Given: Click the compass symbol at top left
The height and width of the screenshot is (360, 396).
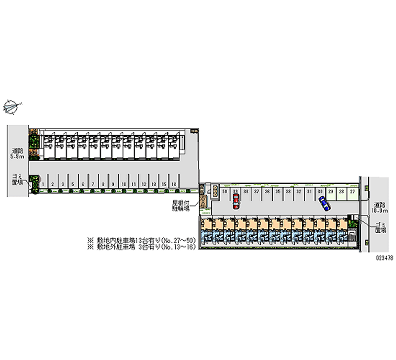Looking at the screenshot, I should pyautogui.click(x=11, y=105).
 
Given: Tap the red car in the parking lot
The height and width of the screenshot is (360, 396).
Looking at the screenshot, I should pyautogui.click(x=236, y=200).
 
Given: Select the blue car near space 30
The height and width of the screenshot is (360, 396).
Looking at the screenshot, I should pyautogui.click(x=324, y=203).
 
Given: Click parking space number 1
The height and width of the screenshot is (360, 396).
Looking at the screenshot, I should pyautogui.click(x=44, y=184).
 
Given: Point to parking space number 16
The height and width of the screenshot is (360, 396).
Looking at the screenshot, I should pyautogui.click(x=174, y=184).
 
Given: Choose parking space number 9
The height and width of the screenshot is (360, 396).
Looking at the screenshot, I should pyautogui.click(x=113, y=184).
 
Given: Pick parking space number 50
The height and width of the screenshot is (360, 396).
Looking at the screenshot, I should pyautogui.click(x=225, y=191).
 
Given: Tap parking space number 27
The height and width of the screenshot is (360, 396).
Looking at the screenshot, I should pyautogui.click(x=352, y=191).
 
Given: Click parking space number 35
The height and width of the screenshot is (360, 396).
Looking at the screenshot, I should pyautogui.click(x=278, y=191).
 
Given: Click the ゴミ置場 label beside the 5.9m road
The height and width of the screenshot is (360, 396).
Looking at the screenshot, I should pyautogui.click(x=17, y=179).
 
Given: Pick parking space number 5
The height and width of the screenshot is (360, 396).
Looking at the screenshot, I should pyautogui.click(x=72, y=184).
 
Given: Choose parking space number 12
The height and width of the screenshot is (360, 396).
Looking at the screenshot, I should pyautogui.click(x=144, y=184).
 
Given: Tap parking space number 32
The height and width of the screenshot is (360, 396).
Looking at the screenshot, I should pyautogui.click(x=298, y=191).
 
